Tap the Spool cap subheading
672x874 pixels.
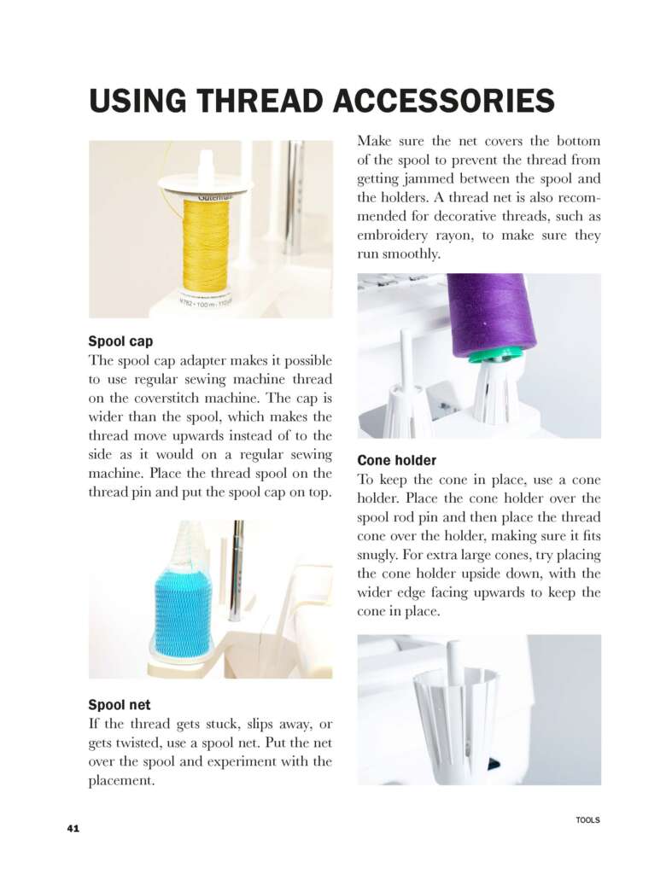click(x=120, y=342)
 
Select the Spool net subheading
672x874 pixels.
click(x=120, y=705)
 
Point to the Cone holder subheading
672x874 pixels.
click(x=396, y=461)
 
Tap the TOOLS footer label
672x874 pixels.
click(x=587, y=820)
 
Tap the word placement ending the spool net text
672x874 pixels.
click(x=121, y=781)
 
